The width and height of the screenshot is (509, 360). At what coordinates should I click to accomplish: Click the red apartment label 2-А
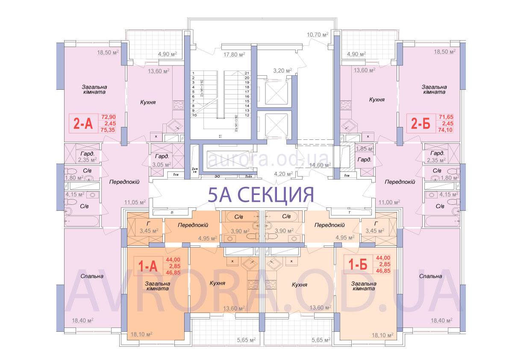point(83,124)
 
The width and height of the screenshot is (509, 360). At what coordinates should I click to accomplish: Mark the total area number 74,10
point(445,130)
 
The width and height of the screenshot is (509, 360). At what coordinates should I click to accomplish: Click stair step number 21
point(247,73)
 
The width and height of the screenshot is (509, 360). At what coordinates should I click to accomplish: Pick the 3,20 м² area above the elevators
point(282,70)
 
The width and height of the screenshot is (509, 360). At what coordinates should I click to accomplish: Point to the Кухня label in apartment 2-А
point(147,103)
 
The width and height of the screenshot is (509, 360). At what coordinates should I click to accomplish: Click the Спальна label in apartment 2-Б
point(430,276)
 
